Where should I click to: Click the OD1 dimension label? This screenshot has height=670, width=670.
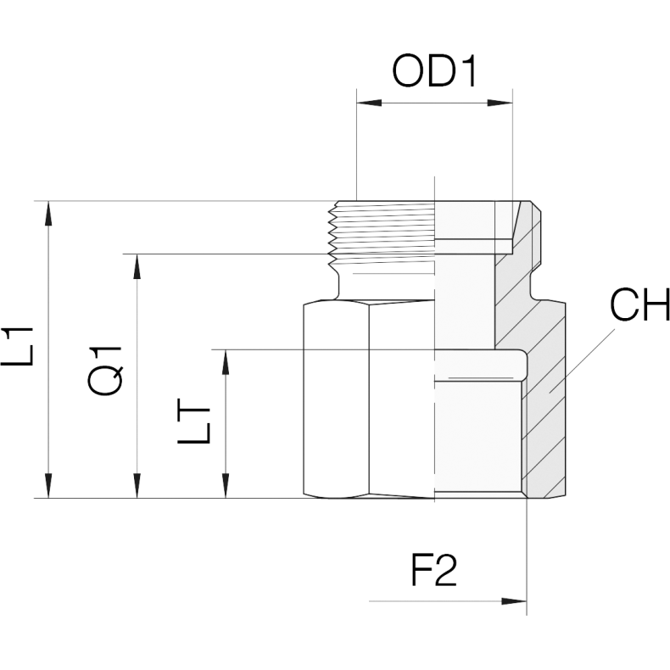[433, 71]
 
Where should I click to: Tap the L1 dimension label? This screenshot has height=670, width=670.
[17, 346]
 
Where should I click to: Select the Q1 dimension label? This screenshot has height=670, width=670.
[105, 370]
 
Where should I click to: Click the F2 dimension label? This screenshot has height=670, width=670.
[433, 571]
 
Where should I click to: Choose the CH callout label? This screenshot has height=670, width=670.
[639, 304]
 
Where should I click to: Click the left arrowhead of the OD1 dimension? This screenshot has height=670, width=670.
[369, 103]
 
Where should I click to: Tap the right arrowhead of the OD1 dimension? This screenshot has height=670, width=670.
[500, 103]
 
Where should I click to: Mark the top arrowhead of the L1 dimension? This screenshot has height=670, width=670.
[48, 214]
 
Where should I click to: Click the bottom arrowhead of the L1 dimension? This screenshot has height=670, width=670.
[48, 485]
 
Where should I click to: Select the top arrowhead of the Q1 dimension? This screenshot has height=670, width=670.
[137, 266]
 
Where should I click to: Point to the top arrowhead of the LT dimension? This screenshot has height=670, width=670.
[226, 362]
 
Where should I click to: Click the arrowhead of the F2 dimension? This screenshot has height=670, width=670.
[514, 601]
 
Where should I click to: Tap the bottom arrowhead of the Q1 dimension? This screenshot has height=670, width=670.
[137, 485]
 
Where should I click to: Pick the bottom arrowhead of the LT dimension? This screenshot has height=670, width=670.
[226, 485]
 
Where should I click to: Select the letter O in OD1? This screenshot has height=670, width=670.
[409, 71]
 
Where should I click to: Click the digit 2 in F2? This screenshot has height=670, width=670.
[446, 571]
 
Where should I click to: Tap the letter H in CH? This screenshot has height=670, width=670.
[656, 304]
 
